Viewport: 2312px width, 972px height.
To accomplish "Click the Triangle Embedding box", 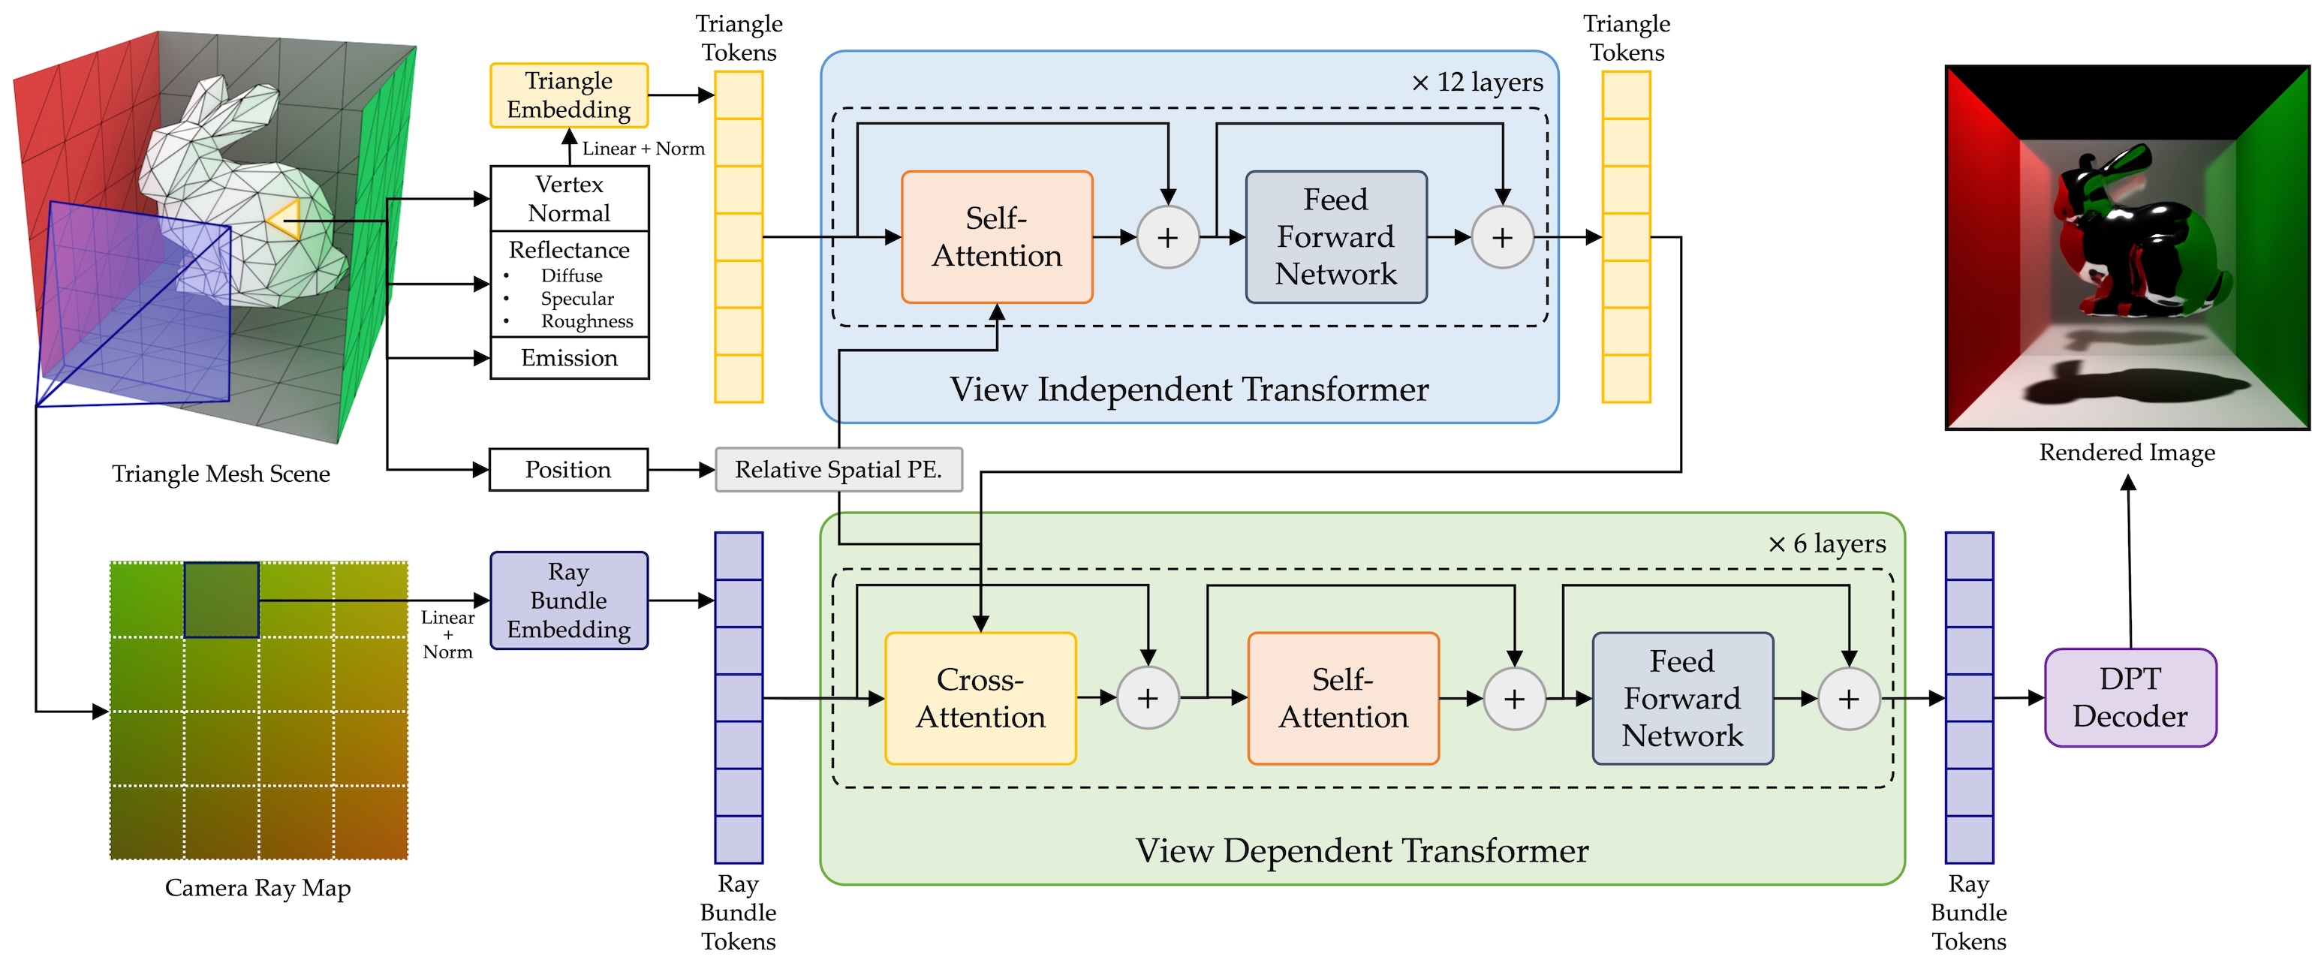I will pos(569,95).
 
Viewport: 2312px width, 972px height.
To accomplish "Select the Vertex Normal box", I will pos(569,198).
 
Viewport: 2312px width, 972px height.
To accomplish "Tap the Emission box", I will pos(569,358).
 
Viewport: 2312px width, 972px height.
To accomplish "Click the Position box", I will pos(568,469).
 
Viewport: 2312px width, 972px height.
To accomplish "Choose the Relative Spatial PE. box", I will pos(838,469).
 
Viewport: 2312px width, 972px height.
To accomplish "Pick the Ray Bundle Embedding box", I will pos(569,600).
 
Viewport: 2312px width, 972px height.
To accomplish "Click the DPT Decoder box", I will pos(2130,697).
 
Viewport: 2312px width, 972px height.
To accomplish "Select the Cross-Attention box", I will pos(980,698).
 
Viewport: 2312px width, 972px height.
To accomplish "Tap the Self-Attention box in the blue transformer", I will pos(996,237).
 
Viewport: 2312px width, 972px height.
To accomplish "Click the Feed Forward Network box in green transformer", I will pos(1682,698).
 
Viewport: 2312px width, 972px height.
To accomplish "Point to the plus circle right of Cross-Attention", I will pos(1148,698).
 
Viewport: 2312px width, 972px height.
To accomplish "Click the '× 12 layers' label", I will pos(1477,83).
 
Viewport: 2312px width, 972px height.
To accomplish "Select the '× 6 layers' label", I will pos(1826,544).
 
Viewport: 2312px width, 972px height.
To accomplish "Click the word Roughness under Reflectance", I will pos(587,321).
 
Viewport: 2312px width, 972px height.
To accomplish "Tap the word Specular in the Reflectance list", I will pos(577,299).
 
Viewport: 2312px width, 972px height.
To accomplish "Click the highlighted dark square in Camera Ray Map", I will pos(221,600).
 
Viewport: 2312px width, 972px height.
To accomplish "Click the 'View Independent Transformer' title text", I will pos(1189,390).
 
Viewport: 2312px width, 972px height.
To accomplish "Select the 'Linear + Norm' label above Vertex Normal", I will pos(643,149).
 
